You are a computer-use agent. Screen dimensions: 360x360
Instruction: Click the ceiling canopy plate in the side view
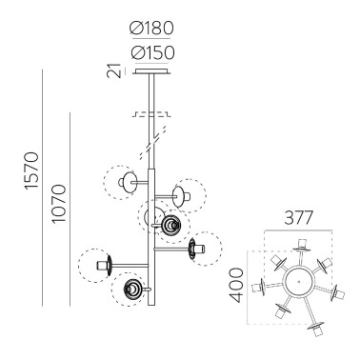point(152,70)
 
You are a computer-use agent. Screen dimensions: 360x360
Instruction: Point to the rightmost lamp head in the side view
point(197,250)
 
